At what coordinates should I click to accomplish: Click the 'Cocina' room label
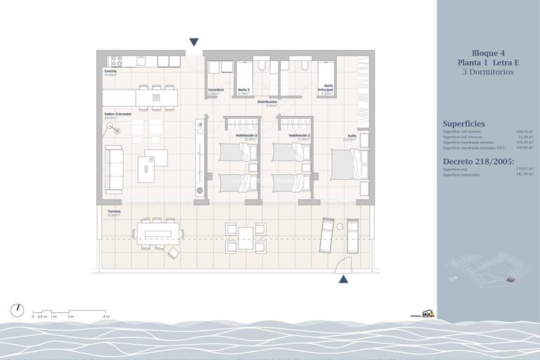click(x=110, y=71)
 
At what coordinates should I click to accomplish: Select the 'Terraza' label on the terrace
click(x=114, y=211)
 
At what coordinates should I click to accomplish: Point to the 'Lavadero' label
click(x=216, y=89)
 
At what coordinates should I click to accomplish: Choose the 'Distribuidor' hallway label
click(x=267, y=102)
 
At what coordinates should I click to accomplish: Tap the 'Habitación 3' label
click(x=246, y=135)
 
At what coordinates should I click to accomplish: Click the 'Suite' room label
click(x=351, y=136)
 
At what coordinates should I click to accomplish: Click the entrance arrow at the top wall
click(x=194, y=42)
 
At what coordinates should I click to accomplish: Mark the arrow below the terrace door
click(x=343, y=279)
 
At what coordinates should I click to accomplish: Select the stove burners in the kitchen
click(x=117, y=61)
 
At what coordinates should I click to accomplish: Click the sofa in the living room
click(x=113, y=169)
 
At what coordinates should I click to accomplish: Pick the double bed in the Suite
click(x=348, y=164)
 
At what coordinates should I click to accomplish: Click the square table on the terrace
click(x=245, y=238)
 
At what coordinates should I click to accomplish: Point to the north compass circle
click(x=18, y=310)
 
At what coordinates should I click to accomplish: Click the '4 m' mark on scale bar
click(x=106, y=317)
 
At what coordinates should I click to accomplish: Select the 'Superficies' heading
click(x=463, y=124)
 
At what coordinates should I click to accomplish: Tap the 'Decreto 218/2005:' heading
click(x=478, y=161)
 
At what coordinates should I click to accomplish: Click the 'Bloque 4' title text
click(x=488, y=53)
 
